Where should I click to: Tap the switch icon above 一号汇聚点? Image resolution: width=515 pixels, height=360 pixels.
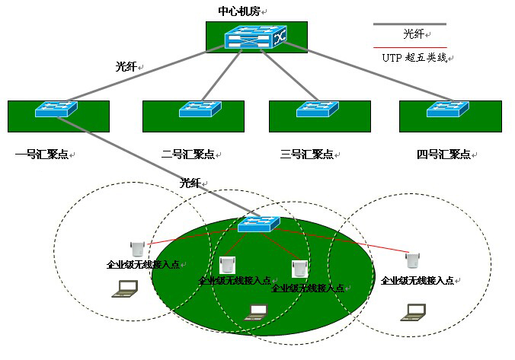pos(56,110)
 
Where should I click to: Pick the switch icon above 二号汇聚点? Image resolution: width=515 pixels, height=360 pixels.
pos(200,110)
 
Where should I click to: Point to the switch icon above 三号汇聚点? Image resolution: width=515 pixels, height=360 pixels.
pos(318,110)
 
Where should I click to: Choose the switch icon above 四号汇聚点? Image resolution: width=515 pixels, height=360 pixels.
pos(447,110)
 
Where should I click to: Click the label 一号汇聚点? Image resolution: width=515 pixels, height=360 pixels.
pos(42,155)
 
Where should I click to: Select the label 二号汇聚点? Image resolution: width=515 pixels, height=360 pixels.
pos(188,155)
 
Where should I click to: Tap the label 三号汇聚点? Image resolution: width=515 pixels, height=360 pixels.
pos(307,155)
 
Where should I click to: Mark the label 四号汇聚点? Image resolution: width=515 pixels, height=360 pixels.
pos(443,155)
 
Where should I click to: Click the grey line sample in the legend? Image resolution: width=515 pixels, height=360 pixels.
pos(409,24)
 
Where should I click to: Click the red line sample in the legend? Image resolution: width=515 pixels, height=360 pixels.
pos(409,47)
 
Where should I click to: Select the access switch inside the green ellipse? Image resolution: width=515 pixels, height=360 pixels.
pos(257,224)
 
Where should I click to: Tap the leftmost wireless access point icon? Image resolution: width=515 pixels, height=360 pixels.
pos(138,248)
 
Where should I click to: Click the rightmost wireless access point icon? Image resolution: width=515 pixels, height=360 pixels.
pos(412,260)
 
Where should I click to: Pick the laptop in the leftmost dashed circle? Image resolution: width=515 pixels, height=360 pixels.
pos(125,288)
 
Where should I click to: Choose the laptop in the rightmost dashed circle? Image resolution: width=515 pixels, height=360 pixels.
pos(414,310)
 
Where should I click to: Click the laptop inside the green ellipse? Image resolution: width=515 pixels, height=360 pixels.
pos(259,311)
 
